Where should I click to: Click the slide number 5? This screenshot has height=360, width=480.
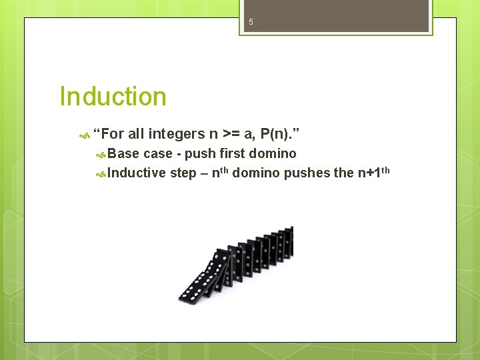[x=251, y=22]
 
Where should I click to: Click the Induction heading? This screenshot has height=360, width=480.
[x=113, y=97]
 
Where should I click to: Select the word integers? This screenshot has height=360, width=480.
[x=177, y=134]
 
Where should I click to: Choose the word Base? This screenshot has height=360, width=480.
[x=123, y=154]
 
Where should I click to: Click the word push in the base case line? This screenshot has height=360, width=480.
[x=200, y=154]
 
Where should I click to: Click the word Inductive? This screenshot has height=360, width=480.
[x=137, y=173]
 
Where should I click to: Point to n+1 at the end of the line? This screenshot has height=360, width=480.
[x=369, y=173]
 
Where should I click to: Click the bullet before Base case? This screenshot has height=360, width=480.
[x=101, y=155]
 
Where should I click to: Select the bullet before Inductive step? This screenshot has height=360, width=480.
[x=101, y=174]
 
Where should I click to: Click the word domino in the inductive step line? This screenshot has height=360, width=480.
[x=257, y=173]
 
